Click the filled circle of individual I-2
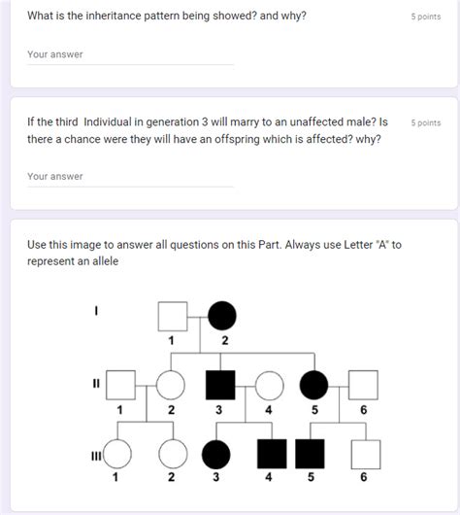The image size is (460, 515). pyautogui.click(x=222, y=316)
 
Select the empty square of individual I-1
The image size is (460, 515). pyautogui.click(x=173, y=316)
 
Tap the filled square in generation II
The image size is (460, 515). pyautogui.click(x=219, y=385)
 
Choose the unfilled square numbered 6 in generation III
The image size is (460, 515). pyautogui.click(x=365, y=453)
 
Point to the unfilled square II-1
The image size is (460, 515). pyautogui.click(x=120, y=385)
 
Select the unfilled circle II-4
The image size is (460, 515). pyautogui.click(x=269, y=385)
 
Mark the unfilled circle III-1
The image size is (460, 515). pyautogui.click(x=117, y=453)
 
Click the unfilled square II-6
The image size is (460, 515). pyautogui.click(x=364, y=385)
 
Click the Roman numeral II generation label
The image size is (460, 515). pyautogui.click(x=96, y=382)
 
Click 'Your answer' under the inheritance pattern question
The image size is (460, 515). pyautogui.click(x=55, y=54)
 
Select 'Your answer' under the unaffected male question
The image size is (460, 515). pyautogui.click(x=55, y=177)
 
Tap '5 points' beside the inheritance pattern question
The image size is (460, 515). pyautogui.click(x=425, y=17)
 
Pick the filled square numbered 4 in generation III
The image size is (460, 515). pyautogui.click(x=270, y=453)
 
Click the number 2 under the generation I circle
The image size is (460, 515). pyautogui.click(x=225, y=340)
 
